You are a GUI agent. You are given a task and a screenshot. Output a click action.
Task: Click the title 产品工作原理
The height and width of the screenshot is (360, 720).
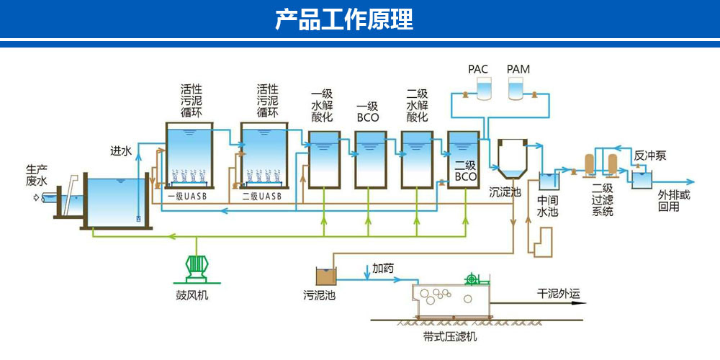[344, 19]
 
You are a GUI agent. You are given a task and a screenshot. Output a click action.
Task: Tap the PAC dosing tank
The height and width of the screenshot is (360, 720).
[484, 89]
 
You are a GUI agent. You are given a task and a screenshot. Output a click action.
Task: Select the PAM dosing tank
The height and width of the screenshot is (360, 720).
[516, 89]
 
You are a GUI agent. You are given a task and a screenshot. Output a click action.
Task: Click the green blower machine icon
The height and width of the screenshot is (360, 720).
[197, 268]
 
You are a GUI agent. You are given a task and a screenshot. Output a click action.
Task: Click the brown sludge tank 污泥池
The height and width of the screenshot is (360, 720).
[326, 276]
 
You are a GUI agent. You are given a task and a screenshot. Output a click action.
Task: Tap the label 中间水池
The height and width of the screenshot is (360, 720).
[548, 207]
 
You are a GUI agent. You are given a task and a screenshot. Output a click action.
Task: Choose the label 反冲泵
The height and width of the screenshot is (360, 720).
[649, 156]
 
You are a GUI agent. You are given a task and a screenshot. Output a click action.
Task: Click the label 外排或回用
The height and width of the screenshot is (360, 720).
[674, 201]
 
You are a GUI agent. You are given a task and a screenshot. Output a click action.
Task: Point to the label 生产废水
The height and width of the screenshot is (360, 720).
[36, 176]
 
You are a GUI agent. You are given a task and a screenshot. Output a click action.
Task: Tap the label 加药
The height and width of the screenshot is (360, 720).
[383, 268]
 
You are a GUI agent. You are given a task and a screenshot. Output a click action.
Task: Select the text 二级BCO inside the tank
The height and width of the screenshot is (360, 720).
[466, 171]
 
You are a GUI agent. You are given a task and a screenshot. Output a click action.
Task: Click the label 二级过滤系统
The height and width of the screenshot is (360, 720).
[602, 199]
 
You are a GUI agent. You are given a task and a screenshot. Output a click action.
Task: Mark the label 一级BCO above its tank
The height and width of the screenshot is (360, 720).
[368, 111]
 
